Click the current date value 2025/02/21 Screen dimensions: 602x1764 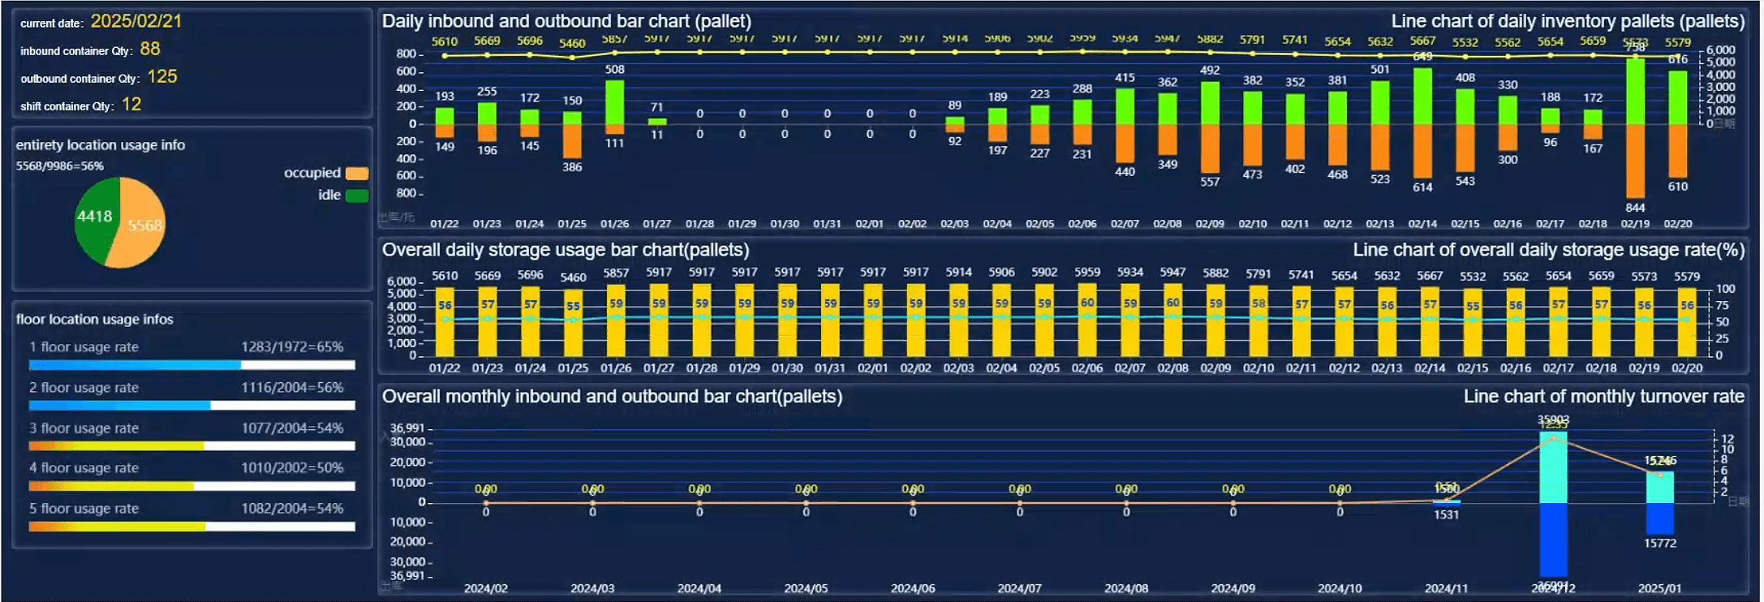click(136, 21)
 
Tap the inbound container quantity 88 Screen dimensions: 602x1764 click(150, 49)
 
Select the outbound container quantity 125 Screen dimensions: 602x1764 click(162, 76)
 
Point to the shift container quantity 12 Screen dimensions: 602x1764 click(131, 105)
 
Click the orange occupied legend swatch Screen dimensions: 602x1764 click(357, 173)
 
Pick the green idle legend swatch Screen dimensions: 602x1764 click(357, 196)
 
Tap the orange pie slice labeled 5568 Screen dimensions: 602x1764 click(142, 227)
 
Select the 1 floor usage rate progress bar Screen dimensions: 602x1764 click(191, 365)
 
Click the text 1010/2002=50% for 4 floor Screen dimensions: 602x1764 click(292, 468)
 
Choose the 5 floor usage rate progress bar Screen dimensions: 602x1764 click(191, 527)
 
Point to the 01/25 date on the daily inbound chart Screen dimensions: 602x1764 click(572, 224)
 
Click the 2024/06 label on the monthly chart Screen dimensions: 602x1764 click(913, 588)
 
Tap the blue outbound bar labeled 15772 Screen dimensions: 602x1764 click(1660, 518)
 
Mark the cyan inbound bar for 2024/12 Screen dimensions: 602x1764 click(1553, 467)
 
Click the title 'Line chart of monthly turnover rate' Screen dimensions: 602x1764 click(1603, 397)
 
